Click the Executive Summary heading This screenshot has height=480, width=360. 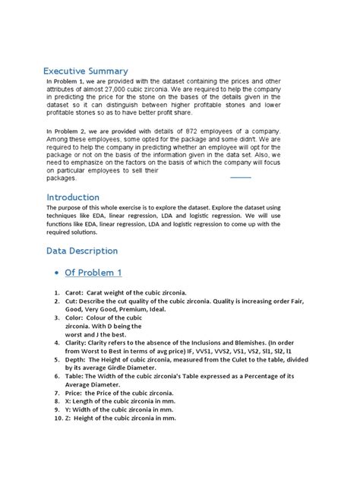[x=85, y=71]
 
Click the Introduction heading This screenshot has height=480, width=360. [x=72, y=197]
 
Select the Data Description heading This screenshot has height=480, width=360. [x=82, y=250]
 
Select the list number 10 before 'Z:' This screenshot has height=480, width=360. [x=57, y=418]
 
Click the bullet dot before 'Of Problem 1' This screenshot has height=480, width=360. [x=57, y=273]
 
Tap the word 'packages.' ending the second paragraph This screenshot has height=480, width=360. [x=62, y=178]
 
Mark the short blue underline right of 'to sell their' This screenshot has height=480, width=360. [x=240, y=177]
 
